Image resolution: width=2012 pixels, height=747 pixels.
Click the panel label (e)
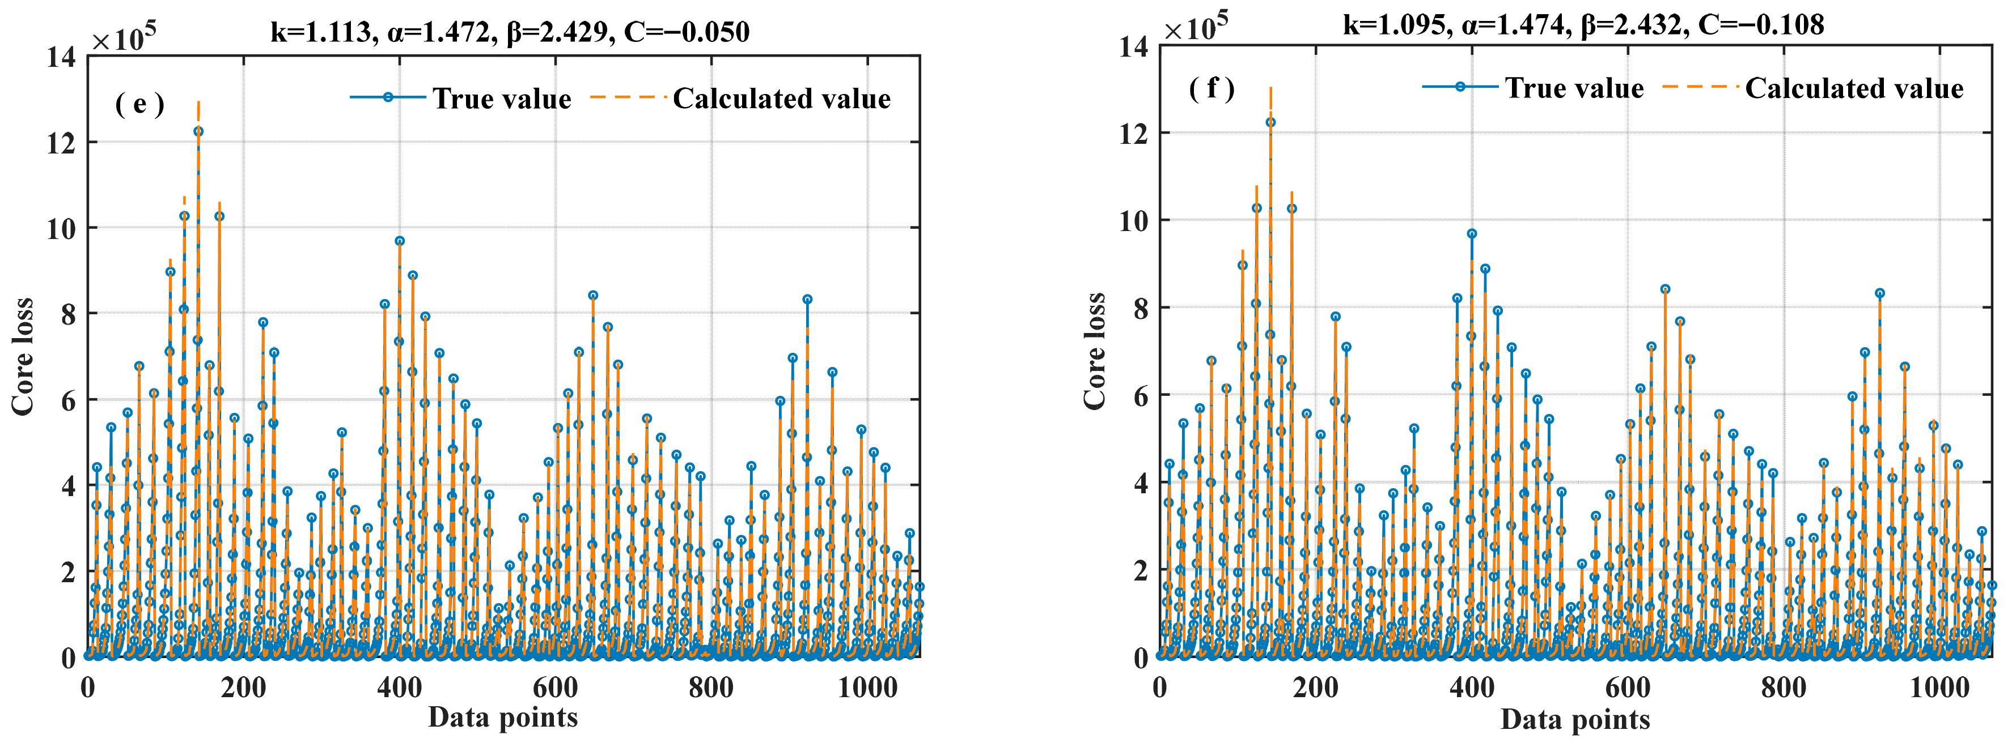tap(140, 104)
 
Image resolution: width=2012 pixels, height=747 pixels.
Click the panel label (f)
tap(1212, 88)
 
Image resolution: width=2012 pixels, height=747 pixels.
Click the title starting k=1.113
tap(510, 32)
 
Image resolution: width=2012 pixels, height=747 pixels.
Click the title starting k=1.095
tap(1583, 25)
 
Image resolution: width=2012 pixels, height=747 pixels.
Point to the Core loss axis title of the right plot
tap(1095, 351)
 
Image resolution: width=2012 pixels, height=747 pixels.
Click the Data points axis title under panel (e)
tap(503, 716)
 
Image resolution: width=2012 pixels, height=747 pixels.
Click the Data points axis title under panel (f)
tap(1575, 719)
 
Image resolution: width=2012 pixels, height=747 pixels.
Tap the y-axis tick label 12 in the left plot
tap(61, 143)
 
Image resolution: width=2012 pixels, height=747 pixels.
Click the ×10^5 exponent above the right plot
tap(1196, 27)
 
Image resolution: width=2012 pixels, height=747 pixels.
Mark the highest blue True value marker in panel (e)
tap(198, 131)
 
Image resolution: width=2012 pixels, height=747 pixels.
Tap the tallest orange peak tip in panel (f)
tap(1271, 87)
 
